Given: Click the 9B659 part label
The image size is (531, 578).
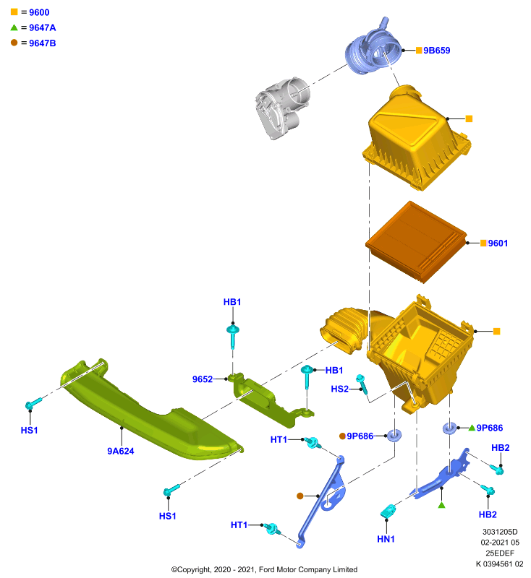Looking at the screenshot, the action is click(436, 51).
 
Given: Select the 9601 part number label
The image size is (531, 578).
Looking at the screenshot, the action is click(498, 243).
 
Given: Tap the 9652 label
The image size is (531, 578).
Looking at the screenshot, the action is click(203, 379).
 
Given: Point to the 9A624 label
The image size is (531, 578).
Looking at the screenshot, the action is click(121, 451).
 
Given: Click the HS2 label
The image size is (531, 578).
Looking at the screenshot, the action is click(340, 389).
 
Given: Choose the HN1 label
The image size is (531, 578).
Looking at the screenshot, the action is click(386, 539).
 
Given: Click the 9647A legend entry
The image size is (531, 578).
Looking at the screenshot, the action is click(33, 27).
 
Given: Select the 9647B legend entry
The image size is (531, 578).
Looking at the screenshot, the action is click(33, 43).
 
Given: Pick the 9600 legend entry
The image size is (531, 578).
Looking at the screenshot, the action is click(30, 12).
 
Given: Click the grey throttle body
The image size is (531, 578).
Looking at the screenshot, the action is click(283, 108).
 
